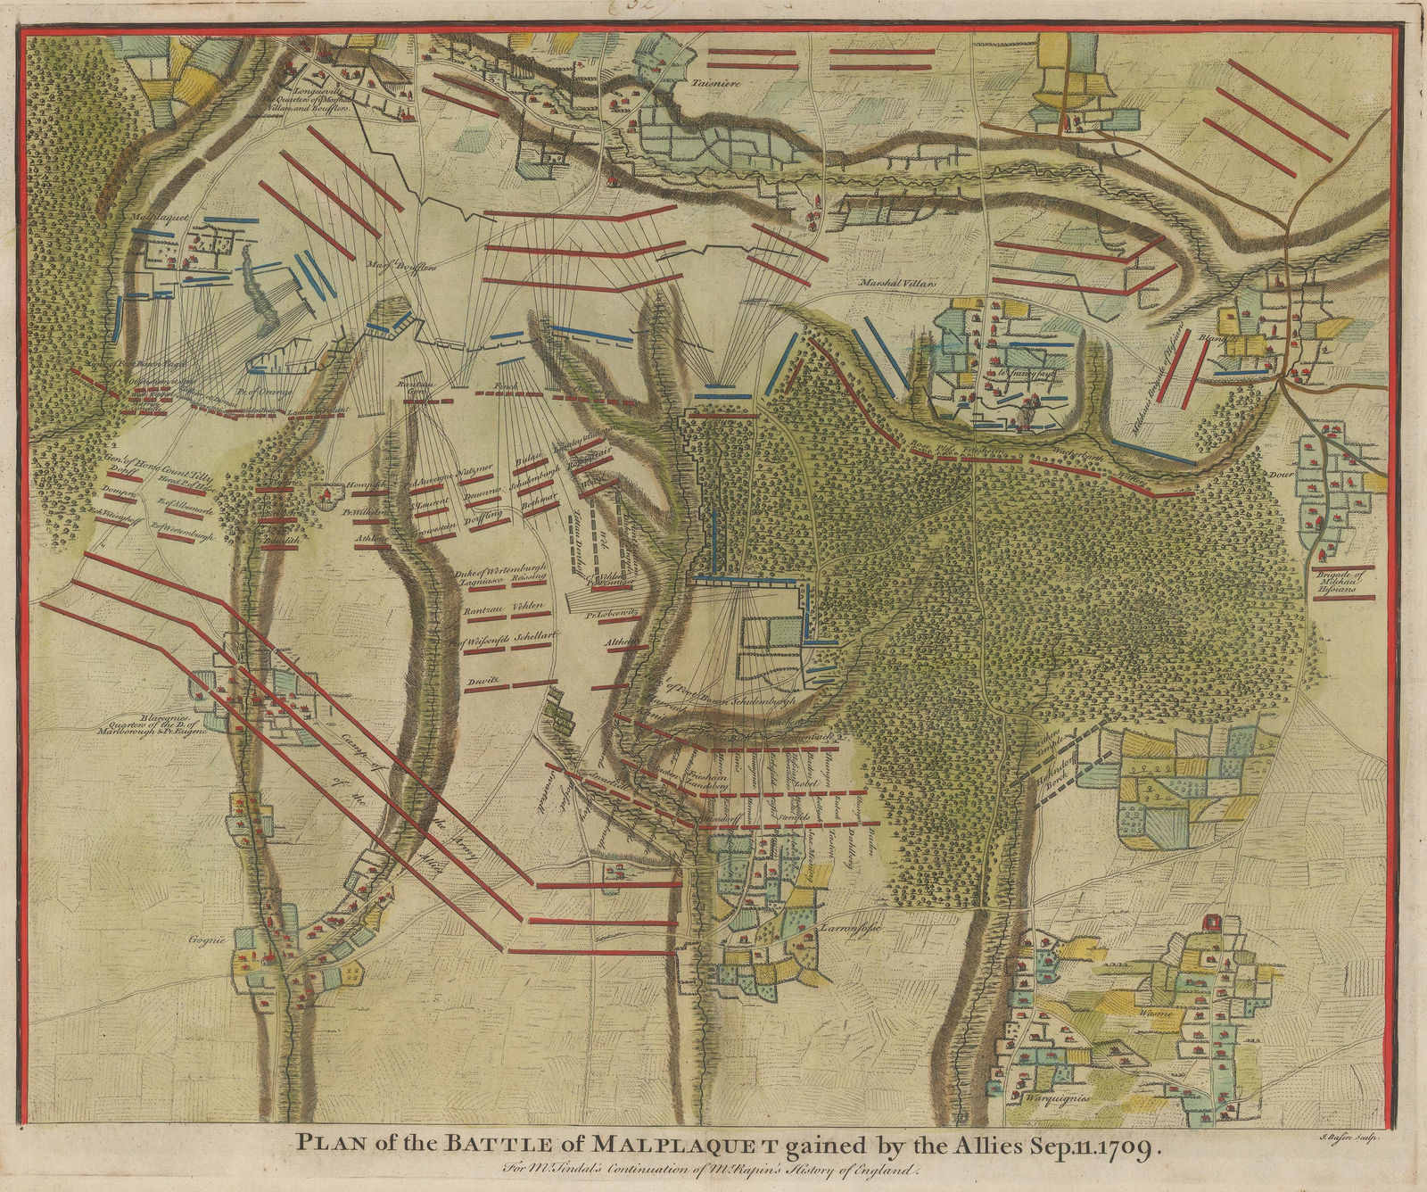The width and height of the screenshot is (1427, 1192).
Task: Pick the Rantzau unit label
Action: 483,610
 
